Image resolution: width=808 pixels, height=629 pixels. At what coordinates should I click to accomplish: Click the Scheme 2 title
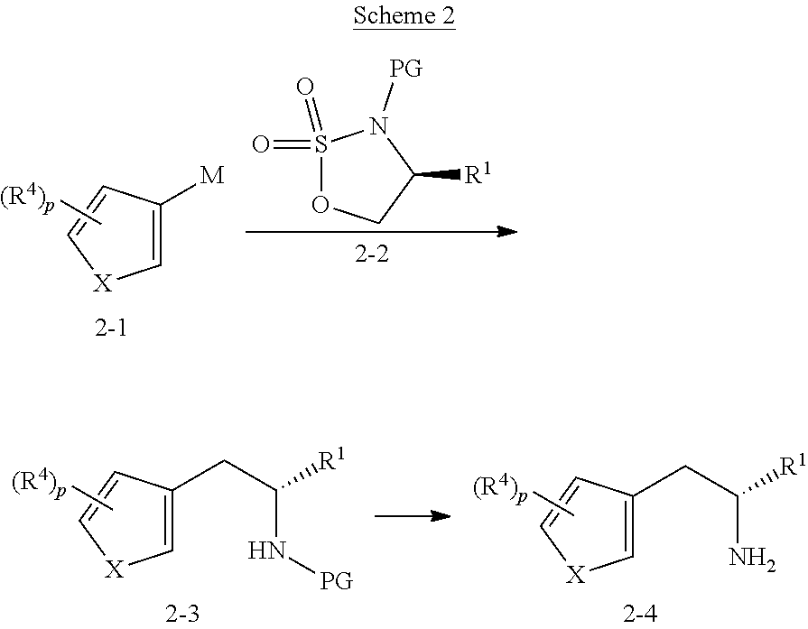point(404,15)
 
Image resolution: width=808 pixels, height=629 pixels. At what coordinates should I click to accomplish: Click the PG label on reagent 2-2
point(405,68)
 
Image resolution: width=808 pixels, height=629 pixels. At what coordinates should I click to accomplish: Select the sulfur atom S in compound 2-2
point(320,144)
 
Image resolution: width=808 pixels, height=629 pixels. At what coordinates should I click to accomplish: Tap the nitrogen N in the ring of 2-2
point(379,125)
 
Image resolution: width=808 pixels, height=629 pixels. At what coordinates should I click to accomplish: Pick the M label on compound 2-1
point(212,176)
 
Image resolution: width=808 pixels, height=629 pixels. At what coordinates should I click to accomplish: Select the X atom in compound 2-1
point(103,282)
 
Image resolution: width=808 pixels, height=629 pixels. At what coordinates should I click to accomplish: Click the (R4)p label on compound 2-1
point(27,199)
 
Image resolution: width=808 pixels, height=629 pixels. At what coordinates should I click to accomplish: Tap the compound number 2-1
point(110,328)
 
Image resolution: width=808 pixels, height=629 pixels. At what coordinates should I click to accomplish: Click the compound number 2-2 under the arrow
point(372,254)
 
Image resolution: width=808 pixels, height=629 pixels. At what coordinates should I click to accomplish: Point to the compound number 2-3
point(181,614)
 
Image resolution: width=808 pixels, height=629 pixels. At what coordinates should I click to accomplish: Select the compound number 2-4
point(640,614)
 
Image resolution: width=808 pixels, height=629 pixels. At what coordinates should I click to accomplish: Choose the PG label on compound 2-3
point(337,580)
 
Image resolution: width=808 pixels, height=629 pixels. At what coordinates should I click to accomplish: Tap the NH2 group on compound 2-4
point(752,558)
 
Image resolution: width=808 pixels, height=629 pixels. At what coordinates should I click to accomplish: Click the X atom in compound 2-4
point(576,574)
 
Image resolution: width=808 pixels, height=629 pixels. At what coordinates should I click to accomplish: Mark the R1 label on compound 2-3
point(332,460)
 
